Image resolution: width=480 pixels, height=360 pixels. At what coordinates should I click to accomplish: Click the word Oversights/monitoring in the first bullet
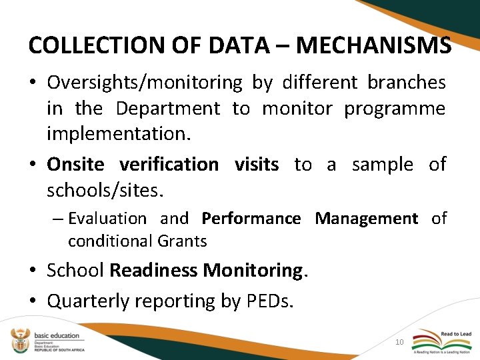tap(145, 83)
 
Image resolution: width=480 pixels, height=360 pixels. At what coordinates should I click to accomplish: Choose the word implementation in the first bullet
tap(117, 133)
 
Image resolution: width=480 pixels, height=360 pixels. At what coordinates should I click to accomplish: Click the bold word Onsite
tap(75, 164)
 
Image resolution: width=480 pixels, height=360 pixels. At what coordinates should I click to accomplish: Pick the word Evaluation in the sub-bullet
tap(107, 219)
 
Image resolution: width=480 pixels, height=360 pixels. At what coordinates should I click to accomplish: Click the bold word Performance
tap(251, 219)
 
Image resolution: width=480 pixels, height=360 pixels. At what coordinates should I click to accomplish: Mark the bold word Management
tap(366, 219)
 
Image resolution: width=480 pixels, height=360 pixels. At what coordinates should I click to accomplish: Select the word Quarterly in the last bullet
tap(91, 301)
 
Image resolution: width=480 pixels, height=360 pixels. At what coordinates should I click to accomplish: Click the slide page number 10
tap(399, 342)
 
